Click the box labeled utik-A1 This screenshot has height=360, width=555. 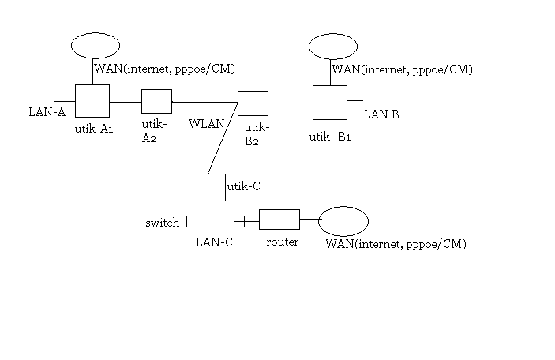(x=92, y=101)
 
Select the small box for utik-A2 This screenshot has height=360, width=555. (x=156, y=102)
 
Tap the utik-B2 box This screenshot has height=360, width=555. (x=253, y=103)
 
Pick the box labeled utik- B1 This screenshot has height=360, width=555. (x=330, y=102)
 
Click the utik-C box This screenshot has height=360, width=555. (x=207, y=187)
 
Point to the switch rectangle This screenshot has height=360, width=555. (x=216, y=221)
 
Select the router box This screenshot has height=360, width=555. (x=279, y=220)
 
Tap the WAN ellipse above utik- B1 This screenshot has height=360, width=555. (x=332, y=45)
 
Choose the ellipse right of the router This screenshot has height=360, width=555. (x=343, y=220)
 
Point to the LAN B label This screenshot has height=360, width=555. (x=381, y=115)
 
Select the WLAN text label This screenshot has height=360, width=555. (x=205, y=123)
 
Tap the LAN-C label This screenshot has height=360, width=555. (x=214, y=242)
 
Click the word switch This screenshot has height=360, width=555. (x=163, y=223)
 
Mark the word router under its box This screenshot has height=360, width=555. (x=282, y=242)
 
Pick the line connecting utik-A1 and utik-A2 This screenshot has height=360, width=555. (x=125, y=102)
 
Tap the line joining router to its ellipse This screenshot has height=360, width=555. (x=309, y=220)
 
